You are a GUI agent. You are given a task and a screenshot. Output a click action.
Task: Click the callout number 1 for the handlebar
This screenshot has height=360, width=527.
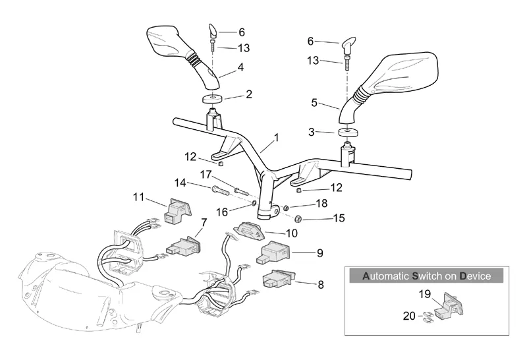point(276,138)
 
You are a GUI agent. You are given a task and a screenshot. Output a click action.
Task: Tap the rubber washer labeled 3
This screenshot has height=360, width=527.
point(348,132)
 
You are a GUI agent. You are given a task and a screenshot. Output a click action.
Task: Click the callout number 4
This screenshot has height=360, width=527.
point(240,67)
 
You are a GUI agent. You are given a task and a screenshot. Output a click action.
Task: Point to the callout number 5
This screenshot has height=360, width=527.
point(314,103)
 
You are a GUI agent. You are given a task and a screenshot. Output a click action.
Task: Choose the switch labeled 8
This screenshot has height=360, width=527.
point(277,279)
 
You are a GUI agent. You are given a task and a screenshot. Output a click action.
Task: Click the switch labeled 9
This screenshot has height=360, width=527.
point(274,253)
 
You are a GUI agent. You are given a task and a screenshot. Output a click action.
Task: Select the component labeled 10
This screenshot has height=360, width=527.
point(250,230)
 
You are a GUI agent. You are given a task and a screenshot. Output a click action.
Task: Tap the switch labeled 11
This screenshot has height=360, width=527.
point(177,210)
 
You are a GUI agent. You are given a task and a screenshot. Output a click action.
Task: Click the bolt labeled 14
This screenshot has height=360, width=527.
point(221,191)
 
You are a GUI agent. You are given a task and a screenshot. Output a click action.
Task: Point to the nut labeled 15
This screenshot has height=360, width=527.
point(298,219)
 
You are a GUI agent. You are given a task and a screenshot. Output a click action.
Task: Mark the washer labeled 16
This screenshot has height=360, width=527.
point(254,203)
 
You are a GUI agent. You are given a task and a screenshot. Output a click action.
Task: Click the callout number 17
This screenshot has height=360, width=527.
point(206,175)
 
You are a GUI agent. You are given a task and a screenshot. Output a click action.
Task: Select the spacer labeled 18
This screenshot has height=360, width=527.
point(286,207)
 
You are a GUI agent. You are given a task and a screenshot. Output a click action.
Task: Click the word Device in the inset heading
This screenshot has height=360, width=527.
point(475,276)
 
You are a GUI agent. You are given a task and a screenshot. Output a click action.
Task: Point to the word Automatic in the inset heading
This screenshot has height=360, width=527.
point(386,276)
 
